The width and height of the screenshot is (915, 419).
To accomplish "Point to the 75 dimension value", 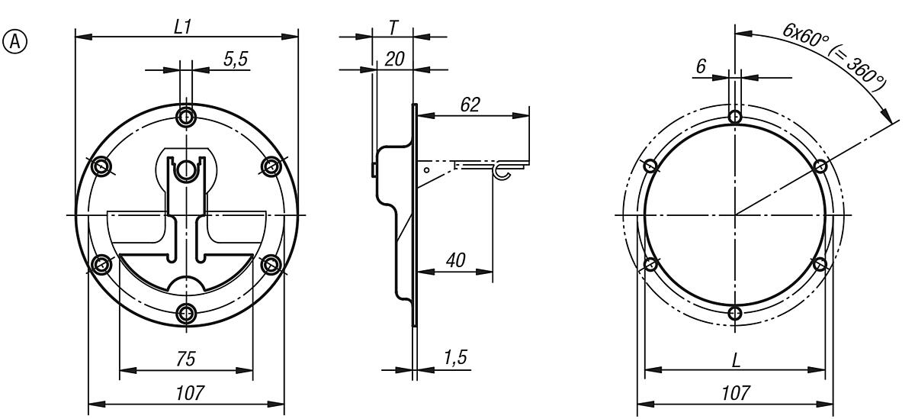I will [x=185, y=359].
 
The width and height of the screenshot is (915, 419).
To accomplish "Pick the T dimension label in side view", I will [x=392, y=27].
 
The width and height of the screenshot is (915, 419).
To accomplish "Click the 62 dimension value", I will [x=470, y=105].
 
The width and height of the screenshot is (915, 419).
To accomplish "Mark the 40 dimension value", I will [x=456, y=260].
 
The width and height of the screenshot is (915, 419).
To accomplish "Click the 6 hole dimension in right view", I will [x=701, y=67].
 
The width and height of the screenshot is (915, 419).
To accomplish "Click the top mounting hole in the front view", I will [x=186, y=117].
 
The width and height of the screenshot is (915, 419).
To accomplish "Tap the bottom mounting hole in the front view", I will [x=186, y=313].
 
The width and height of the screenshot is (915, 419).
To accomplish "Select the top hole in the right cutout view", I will [x=734, y=118].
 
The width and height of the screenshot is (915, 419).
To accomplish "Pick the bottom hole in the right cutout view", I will [x=734, y=313].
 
